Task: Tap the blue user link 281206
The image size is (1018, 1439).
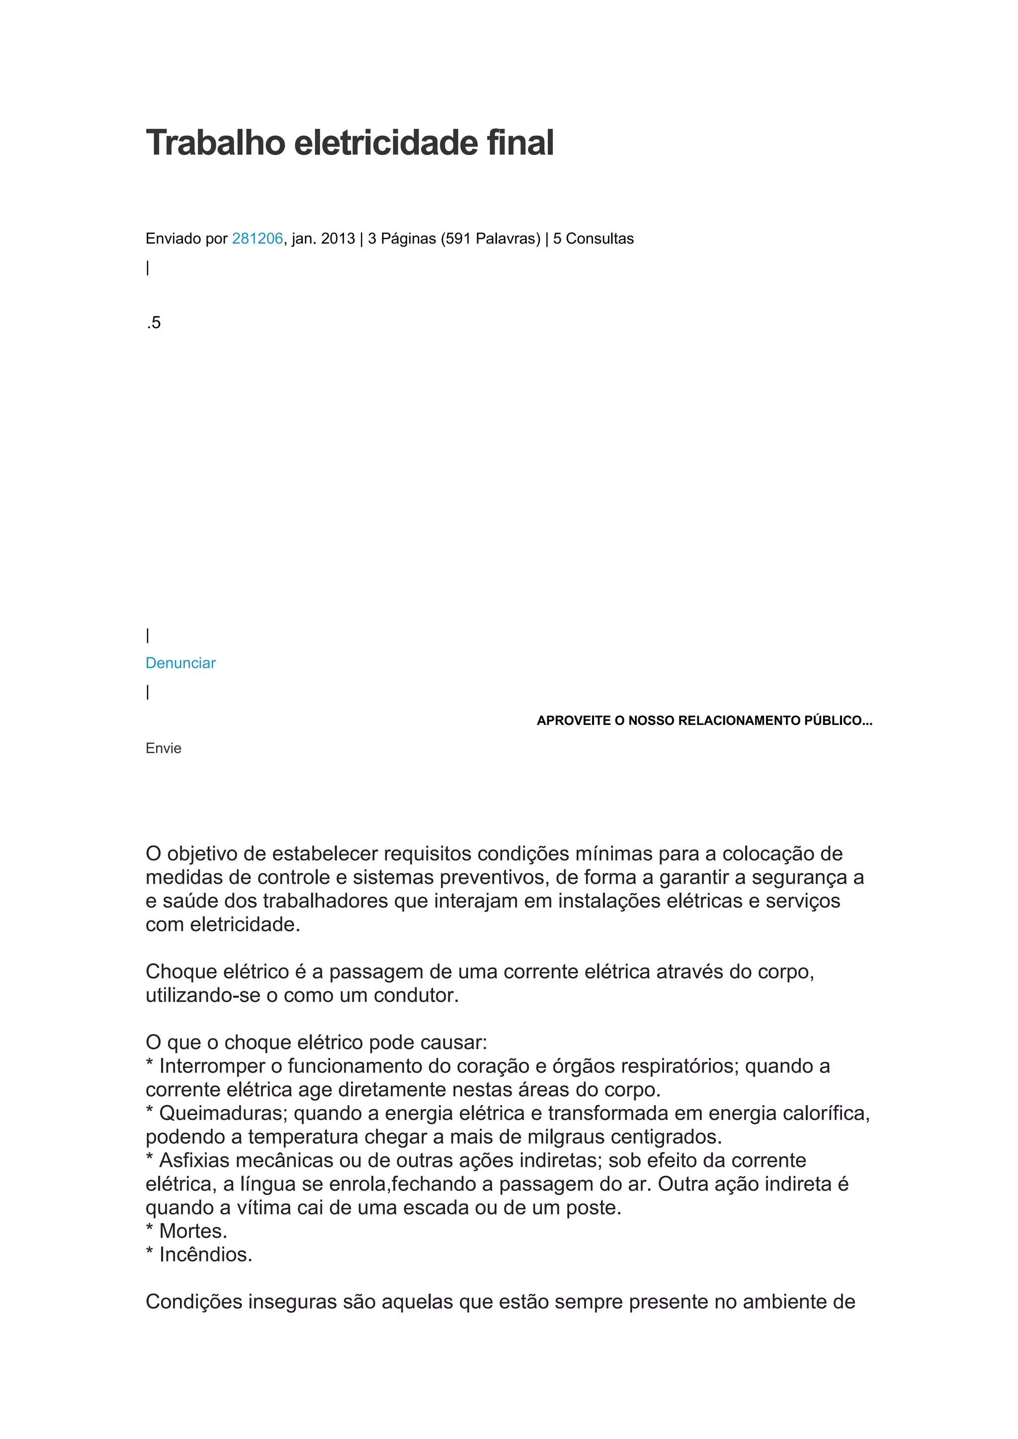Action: coord(257,239)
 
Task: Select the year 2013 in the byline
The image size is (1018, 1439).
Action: coord(338,239)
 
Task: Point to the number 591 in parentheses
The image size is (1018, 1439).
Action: coord(458,239)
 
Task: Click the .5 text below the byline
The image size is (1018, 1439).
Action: coord(154,323)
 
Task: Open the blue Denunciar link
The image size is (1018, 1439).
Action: coord(180,663)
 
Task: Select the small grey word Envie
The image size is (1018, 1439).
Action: coord(164,748)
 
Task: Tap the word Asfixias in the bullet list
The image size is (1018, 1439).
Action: coord(194,1160)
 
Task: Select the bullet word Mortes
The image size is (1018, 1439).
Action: coord(192,1231)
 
